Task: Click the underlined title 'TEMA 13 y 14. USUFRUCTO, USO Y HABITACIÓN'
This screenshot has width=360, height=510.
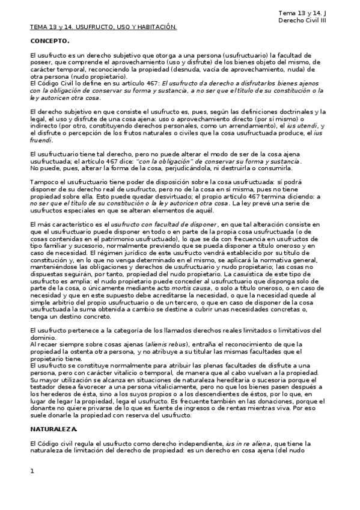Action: pyautogui.click(x=103, y=27)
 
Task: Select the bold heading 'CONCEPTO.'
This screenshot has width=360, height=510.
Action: pyautogui.click(x=50, y=41)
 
